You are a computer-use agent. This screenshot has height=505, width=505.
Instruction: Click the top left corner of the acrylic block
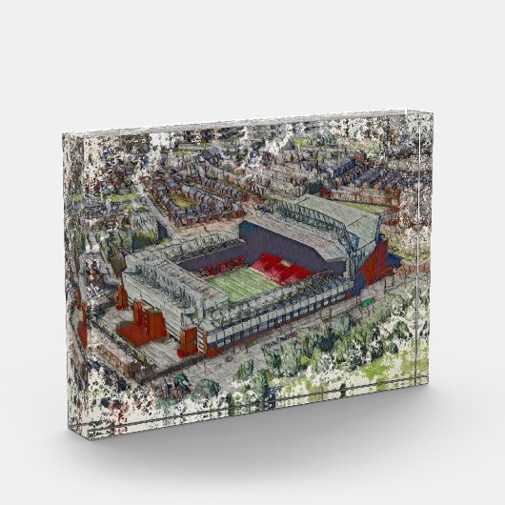point(65,133)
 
